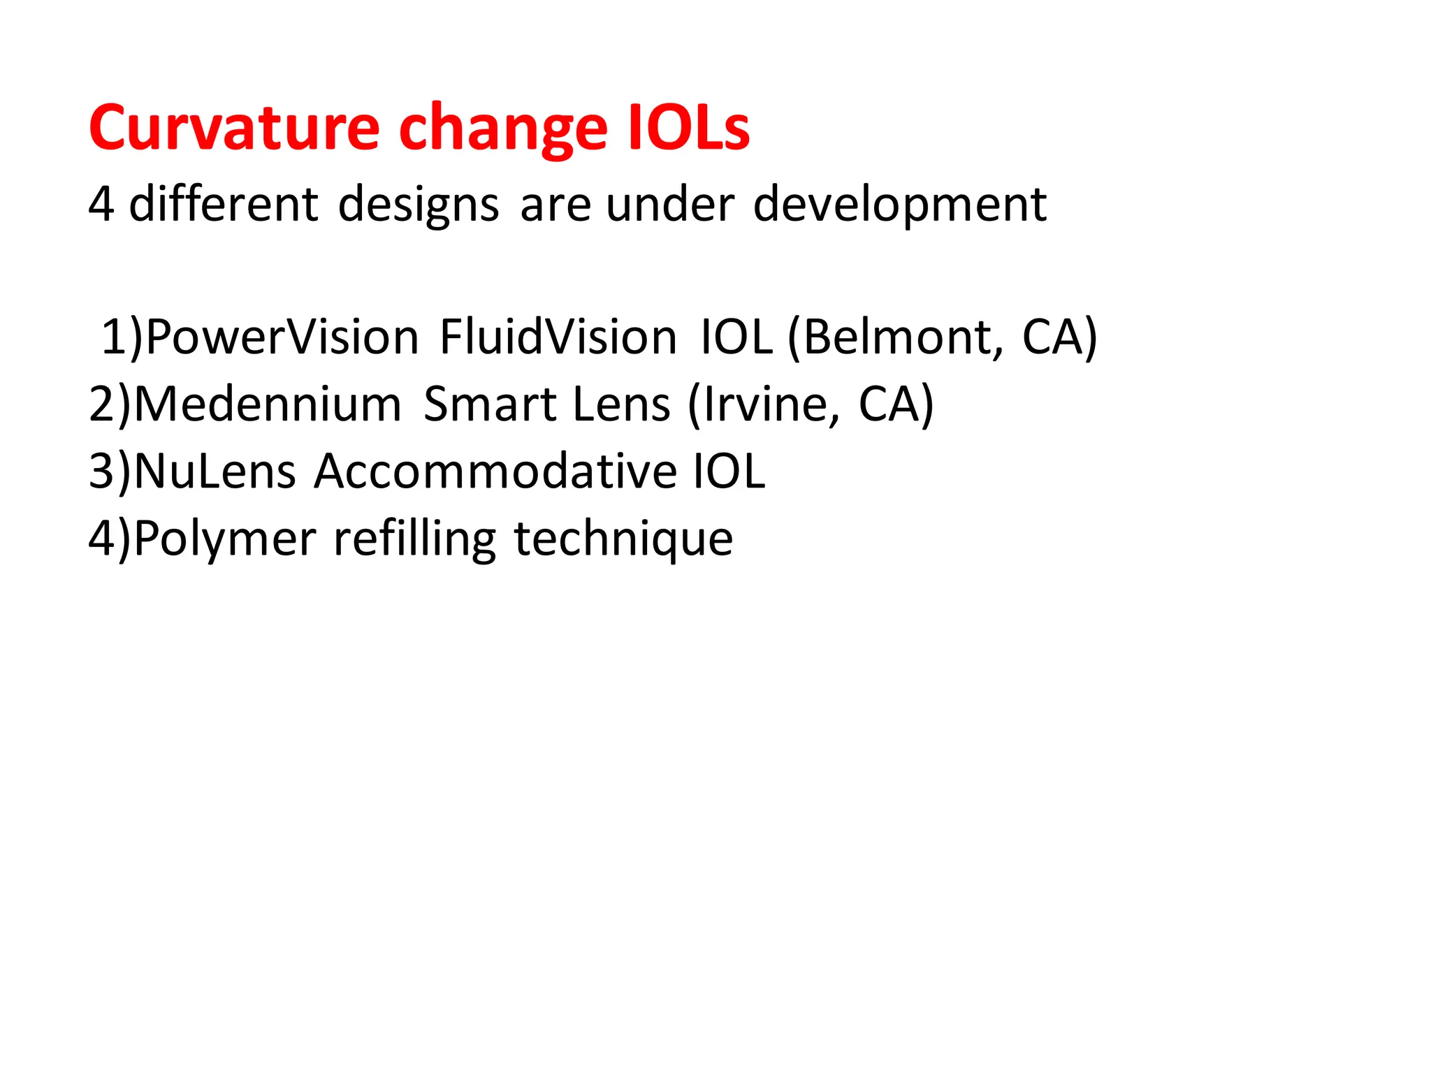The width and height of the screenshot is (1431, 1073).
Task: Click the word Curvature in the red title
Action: click(234, 128)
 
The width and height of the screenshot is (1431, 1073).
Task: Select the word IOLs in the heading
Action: click(688, 128)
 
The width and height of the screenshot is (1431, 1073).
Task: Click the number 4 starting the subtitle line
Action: click(101, 204)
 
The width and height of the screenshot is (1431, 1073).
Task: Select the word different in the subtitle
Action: click(224, 204)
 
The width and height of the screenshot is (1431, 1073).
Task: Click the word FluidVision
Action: click(558, 337)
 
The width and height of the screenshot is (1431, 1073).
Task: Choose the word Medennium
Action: click(267, 404)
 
